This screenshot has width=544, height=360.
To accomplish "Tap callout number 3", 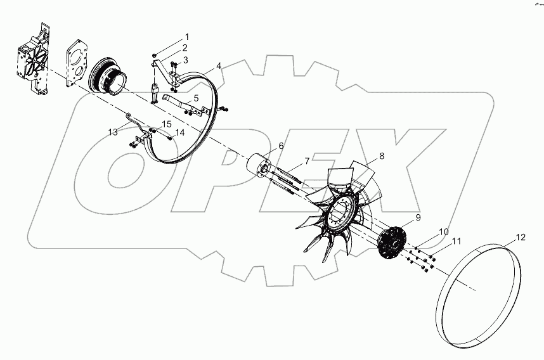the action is (185, 60).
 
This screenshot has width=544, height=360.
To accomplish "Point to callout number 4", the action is (218, 66).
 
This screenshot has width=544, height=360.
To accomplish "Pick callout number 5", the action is (196, 98).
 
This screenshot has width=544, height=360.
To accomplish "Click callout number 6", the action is (281, 146).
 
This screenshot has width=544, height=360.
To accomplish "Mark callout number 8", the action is (382, 155).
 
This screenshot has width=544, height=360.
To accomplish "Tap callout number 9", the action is (418, 218).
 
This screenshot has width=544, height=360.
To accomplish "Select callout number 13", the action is (112, 132).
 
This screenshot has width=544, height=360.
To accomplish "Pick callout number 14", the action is (179, 133).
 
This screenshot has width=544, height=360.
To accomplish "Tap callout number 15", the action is (166, 124).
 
